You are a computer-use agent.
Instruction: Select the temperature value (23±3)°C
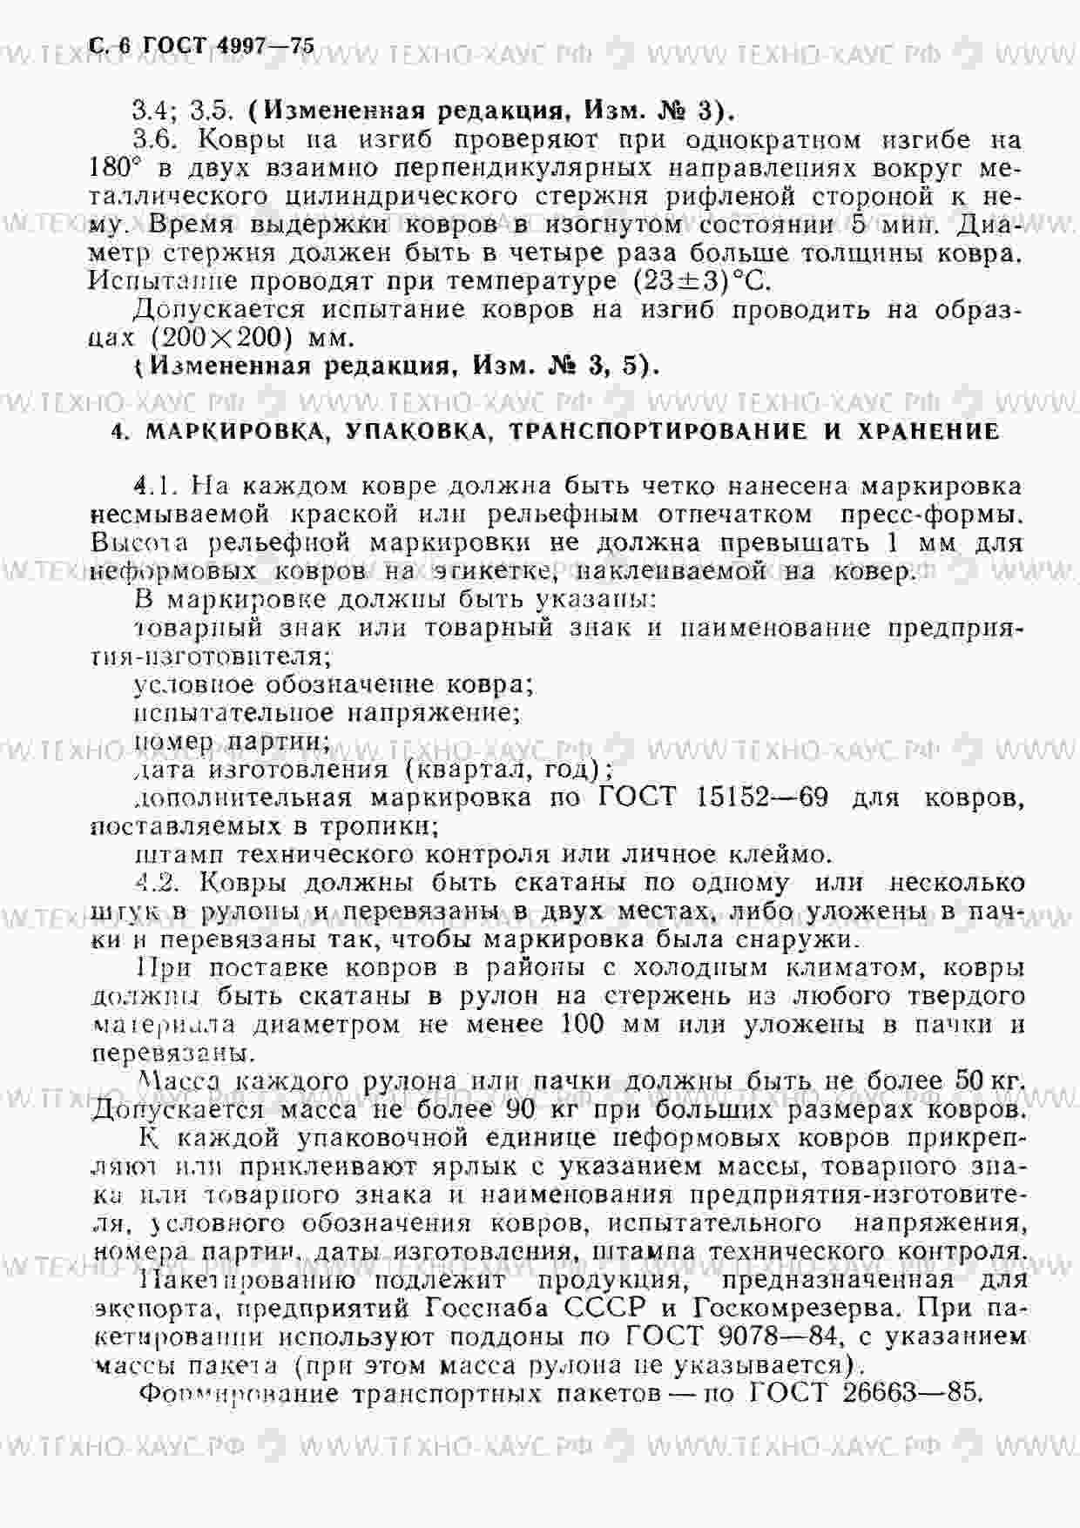click(x=697, y=282)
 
